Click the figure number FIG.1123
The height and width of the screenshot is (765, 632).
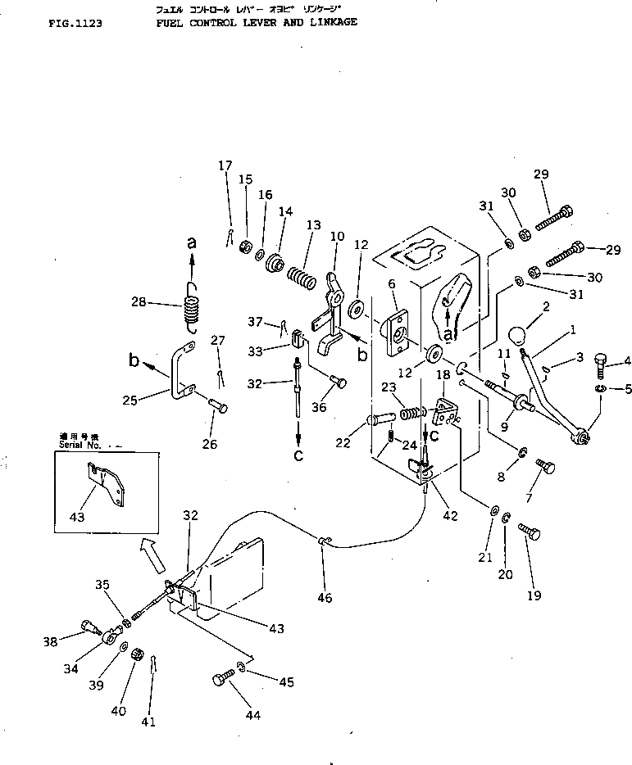75,25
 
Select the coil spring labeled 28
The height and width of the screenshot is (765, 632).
191,310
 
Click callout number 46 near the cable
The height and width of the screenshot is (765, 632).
325,598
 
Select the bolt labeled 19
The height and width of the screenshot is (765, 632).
529,536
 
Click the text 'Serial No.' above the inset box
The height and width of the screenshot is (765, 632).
80,446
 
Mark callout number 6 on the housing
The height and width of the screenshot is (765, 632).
392,283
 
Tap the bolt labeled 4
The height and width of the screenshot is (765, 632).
602,360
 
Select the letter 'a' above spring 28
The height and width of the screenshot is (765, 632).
192,242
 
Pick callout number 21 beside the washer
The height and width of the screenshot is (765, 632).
485,557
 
